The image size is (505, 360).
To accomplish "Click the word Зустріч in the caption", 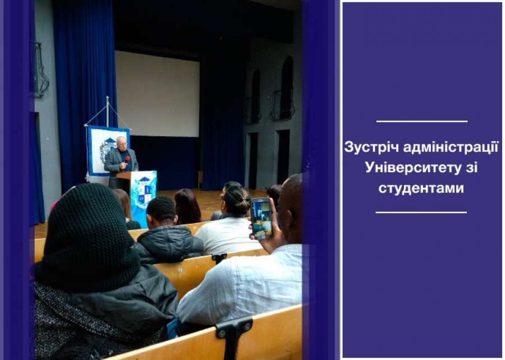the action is [371, 147].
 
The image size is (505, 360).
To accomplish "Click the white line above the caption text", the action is [422, 121].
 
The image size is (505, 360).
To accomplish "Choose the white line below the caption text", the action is [421, 213].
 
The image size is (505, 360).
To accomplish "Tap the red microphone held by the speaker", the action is [127, 159].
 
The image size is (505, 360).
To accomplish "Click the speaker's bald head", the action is [121, 142].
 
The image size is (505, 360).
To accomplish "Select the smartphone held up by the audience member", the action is [261, 219].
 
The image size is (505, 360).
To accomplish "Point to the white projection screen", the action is [158, 94].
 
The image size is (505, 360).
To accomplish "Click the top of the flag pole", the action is [108, 97].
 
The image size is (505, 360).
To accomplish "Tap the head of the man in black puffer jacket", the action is [162, 211].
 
